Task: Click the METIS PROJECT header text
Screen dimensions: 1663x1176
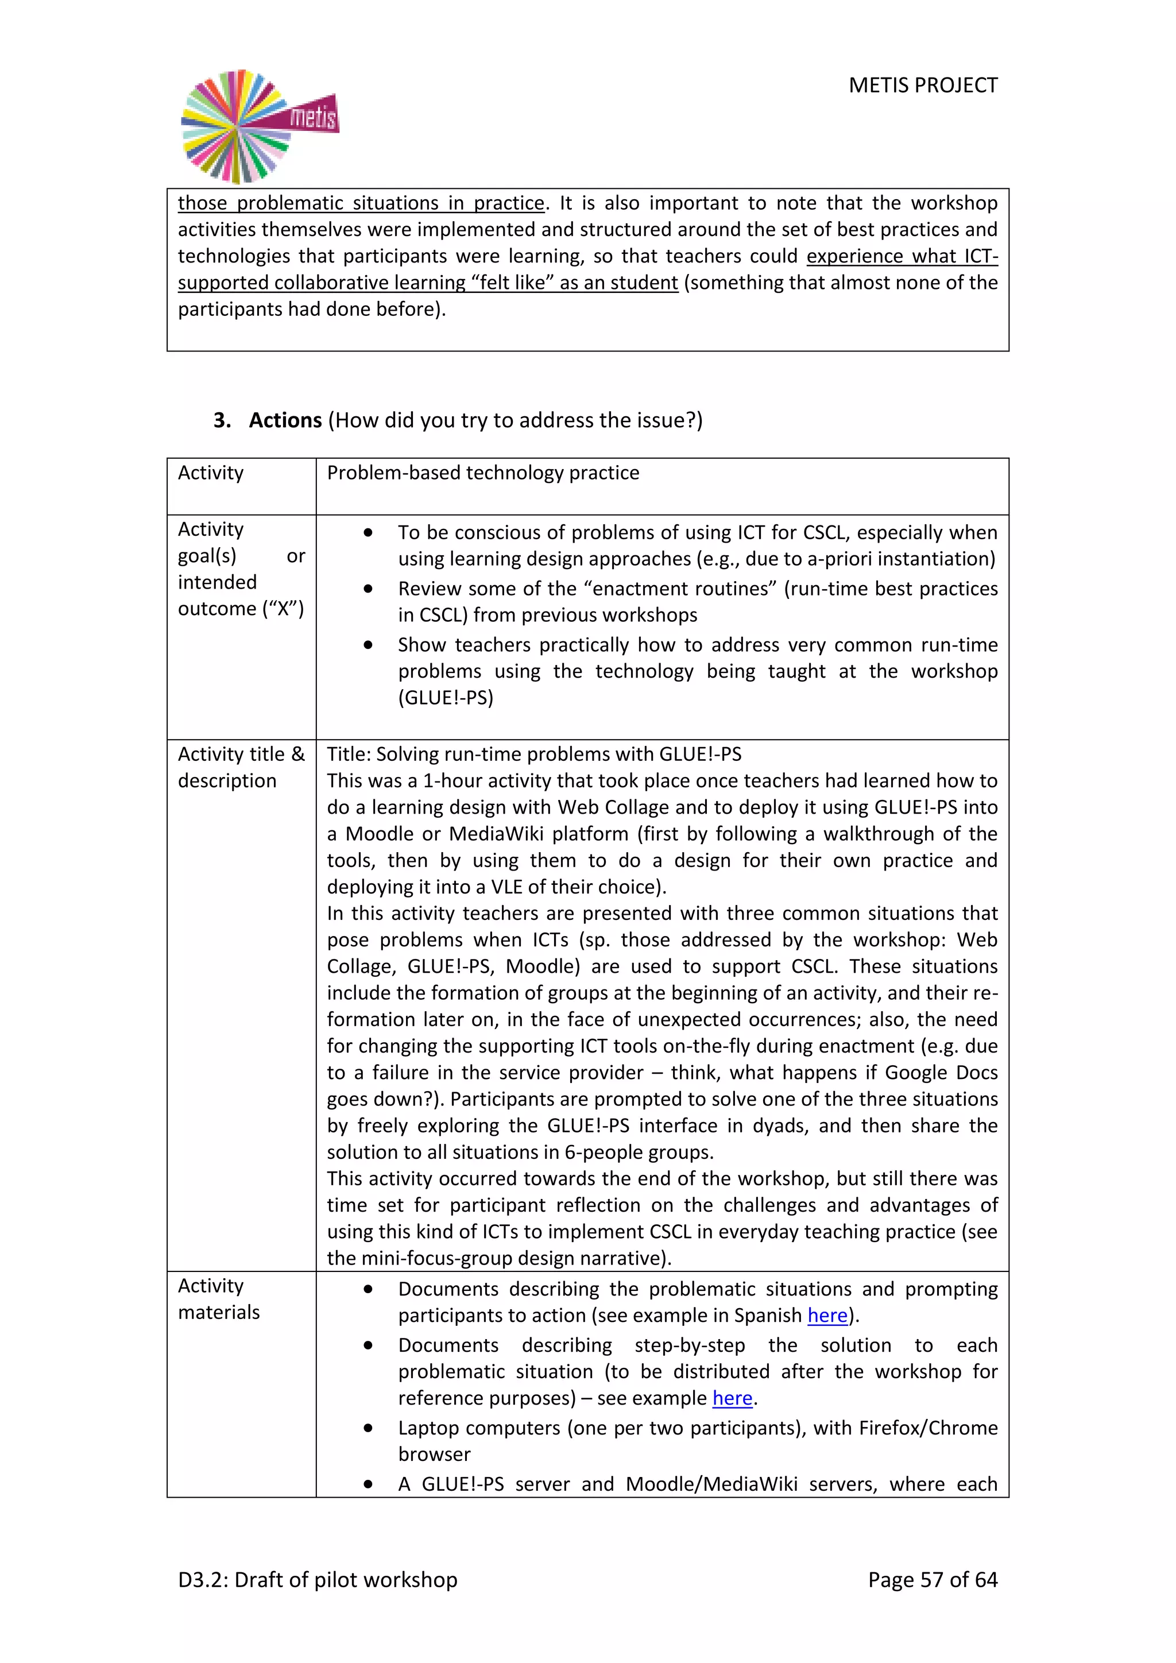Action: [923, 86]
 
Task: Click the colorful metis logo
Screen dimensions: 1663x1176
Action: [258, 126]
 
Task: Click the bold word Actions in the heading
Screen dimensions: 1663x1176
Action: [285, 420]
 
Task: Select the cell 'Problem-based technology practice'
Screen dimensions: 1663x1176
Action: [483, 473]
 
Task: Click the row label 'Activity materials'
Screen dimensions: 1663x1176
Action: [218, 1299]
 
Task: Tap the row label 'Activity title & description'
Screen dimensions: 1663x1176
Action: [241, 767]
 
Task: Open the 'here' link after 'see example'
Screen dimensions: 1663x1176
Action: [732, 1398]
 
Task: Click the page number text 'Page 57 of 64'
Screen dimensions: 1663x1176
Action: [932, 1579]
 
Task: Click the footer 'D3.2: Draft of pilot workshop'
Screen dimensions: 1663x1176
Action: [318, 1579]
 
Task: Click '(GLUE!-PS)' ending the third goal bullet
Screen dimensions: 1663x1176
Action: [446, 698]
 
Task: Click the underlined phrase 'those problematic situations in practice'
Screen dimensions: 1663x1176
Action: [361, 203]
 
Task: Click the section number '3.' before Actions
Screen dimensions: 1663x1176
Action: [222, 420]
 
